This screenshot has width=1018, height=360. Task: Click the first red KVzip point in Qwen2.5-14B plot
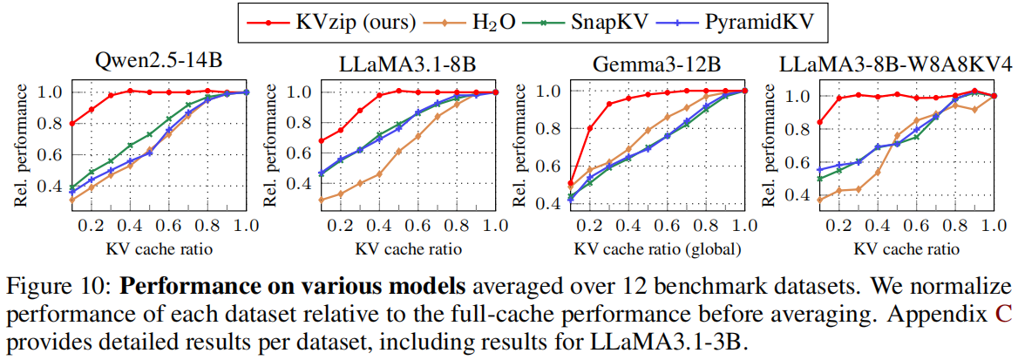coord(71,123)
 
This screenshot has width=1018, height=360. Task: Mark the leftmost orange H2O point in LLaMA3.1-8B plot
coord(322,200)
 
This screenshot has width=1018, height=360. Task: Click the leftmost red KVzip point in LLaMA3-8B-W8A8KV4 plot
coord(819,122)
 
